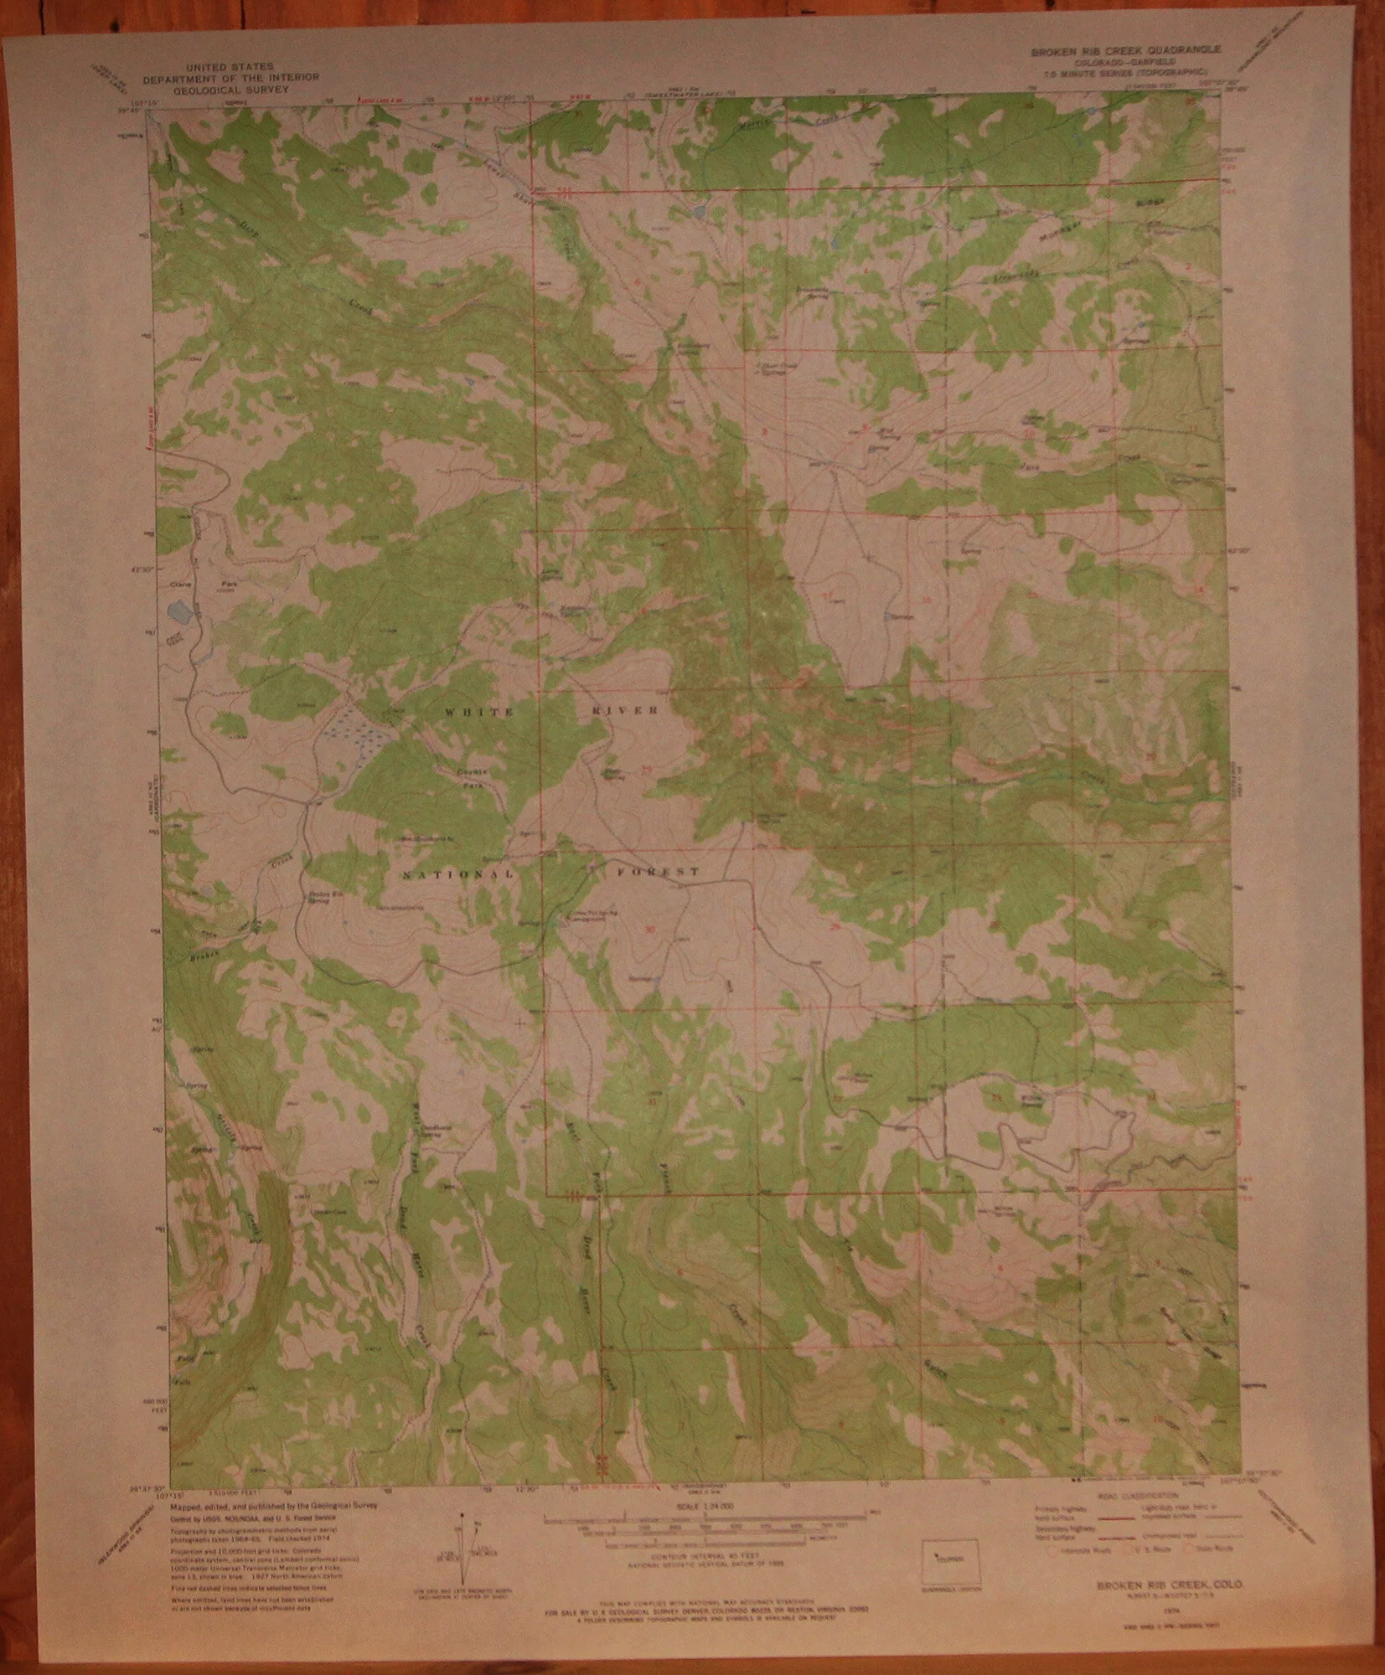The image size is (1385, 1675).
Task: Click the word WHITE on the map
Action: pyautogui.click(x=478, y=711)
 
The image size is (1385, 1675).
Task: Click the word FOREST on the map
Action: pyautogui.click(x=661, y=873)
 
